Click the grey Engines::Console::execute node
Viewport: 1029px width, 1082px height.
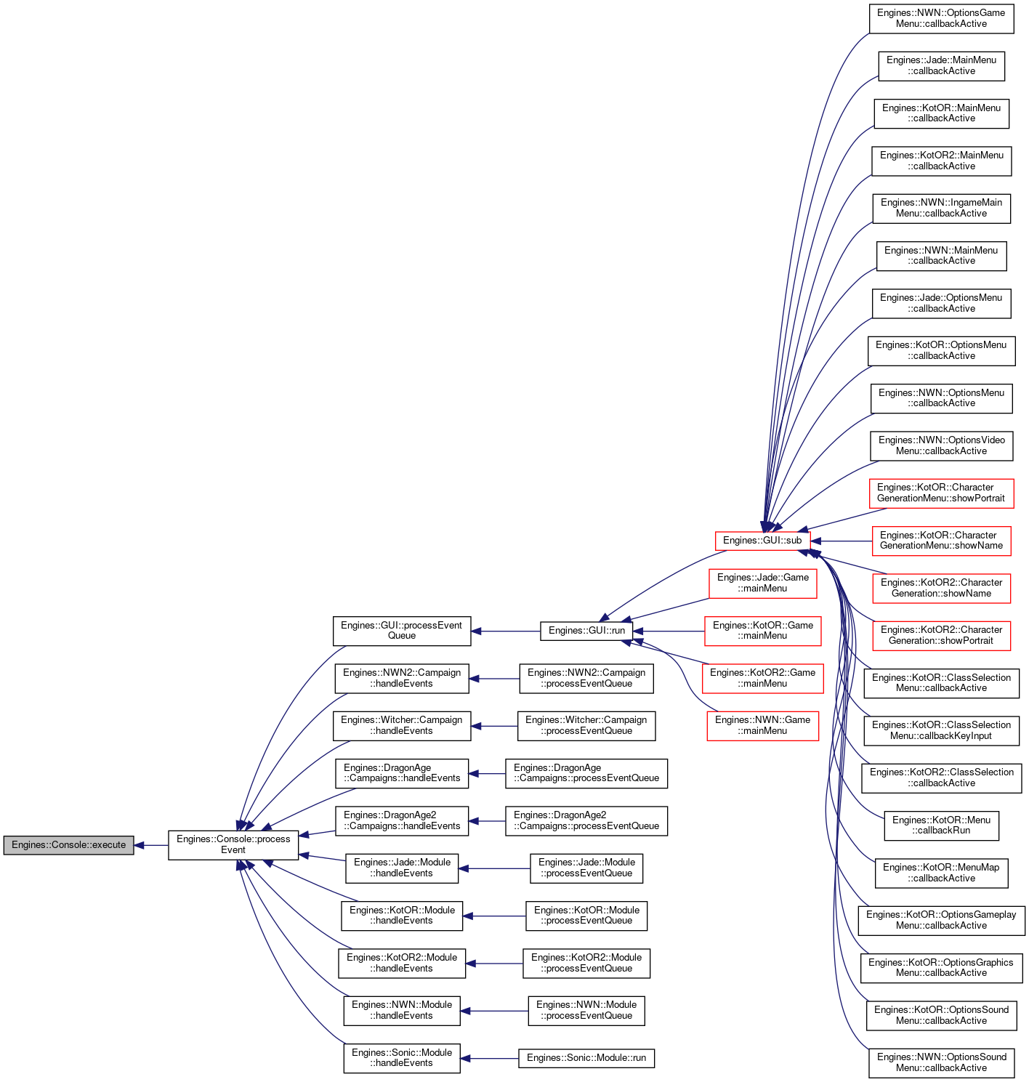click(x=68, y=845)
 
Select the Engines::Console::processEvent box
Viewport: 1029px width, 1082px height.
click(x=233, y=845)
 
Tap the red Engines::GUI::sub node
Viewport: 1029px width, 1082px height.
click(x=762, y=541)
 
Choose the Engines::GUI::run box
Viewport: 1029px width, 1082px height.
click(x=586, y=631)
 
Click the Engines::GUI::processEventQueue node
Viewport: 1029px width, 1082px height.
click(x=401, y=631)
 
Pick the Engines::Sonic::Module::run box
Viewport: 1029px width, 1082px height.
click(x=586, y=1058)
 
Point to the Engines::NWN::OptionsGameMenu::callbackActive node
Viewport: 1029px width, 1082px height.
click(x=941, y=18)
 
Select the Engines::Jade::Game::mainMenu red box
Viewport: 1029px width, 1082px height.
click(x=762, y=584)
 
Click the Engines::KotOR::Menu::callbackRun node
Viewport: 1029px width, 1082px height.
click(x=941, y=825)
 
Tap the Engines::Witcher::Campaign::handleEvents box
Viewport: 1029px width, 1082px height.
click(x=401, y=726)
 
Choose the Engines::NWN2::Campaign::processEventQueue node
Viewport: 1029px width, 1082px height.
click(x=586, y=679)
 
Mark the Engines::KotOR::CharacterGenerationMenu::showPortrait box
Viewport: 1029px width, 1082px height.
click(x=941, y=493)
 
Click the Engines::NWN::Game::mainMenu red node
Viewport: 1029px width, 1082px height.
click(x=762, y=726)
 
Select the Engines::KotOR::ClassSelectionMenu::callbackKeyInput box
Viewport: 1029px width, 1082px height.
click(x=941, y=731)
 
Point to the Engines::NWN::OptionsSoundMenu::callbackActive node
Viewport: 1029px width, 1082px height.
click(x=941, y=1063)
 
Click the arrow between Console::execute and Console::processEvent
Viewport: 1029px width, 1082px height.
click(x=151, y=845)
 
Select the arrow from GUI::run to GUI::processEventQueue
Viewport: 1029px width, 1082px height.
click(x=505, y=631)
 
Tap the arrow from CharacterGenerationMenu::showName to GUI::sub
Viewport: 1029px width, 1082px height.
click(x=841, y=541)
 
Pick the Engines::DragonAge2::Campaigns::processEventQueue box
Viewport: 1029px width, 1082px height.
click(x=586, y=820)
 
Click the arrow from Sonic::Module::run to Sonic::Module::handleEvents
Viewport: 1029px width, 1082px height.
click(x=489, y=1058)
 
